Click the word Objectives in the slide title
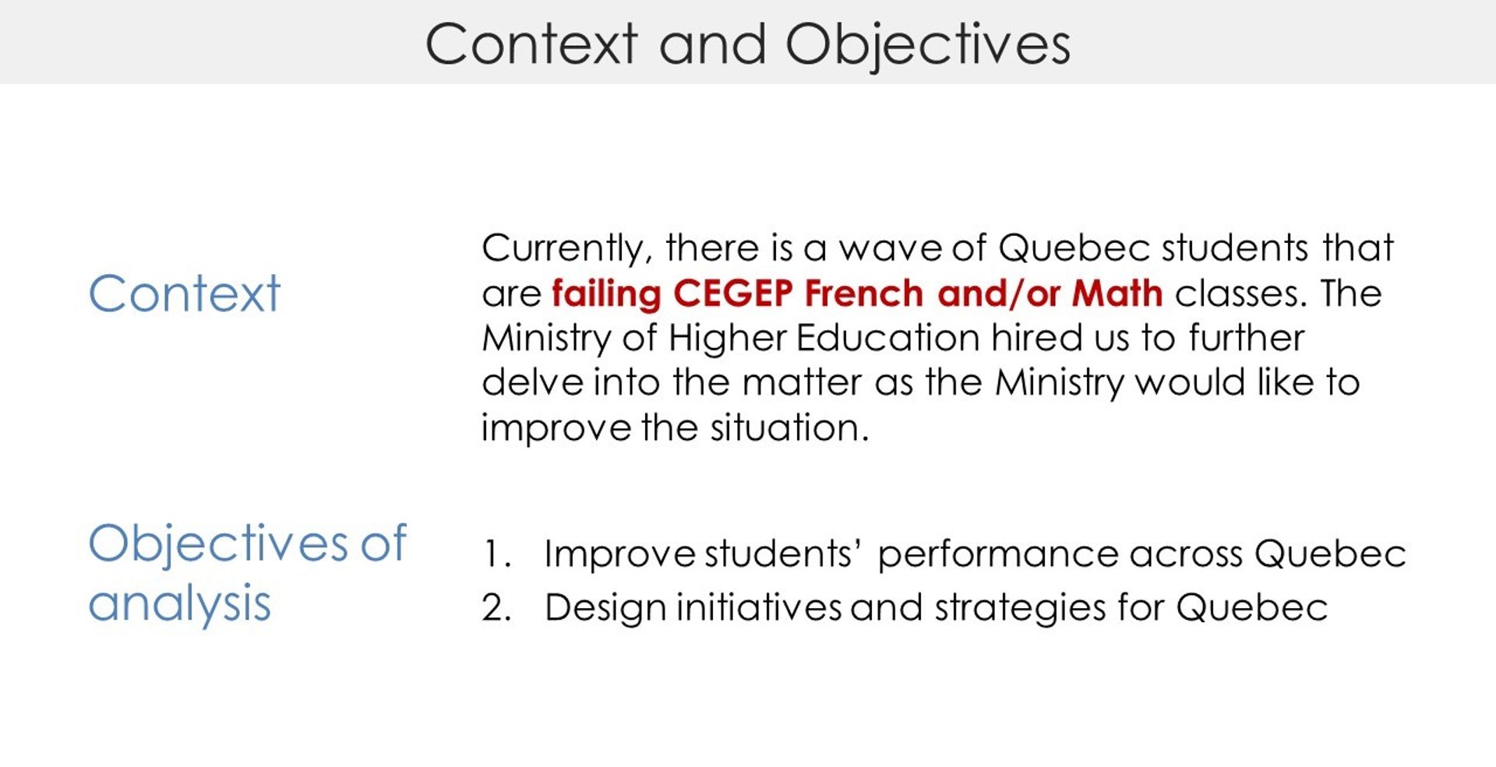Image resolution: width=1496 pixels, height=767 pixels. pyautogui.click(x=927, y=44)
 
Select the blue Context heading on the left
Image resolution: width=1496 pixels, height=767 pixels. pyautogui.click(x=184, y=294)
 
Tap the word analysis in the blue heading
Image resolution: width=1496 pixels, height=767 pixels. pyautogui.click(x=179, y=603)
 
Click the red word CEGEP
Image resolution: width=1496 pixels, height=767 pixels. pyautogui.click(x=732, y=294)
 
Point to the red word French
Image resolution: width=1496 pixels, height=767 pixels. pyautogui.click(x=864, y=294)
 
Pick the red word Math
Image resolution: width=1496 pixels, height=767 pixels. pyautogui.click(x=1117, y=294)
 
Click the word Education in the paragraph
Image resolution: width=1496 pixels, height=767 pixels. pyautogui.click(x=888, y=338)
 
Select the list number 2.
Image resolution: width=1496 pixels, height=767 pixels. pyautogui.click(x=496, y=607)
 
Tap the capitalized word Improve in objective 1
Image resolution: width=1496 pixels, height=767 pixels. pyautogui.click(x=620, y=555)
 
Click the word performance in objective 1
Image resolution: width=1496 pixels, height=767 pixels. pyautogui.click(x=998, y=555)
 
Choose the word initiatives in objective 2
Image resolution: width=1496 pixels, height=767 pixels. pyautogui.click(x=759, y=607)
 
